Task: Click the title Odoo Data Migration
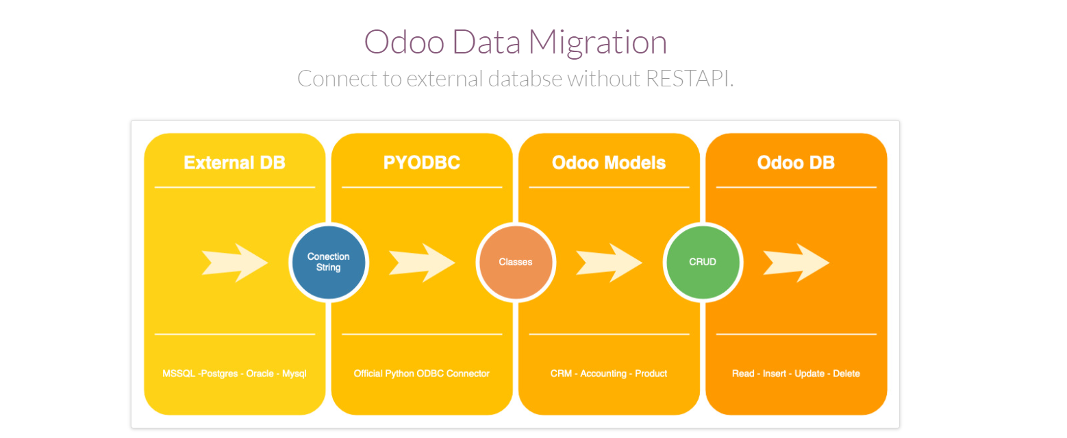point(516,42)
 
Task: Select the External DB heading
point(234,163)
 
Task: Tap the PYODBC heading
point(421,163)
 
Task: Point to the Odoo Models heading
point(609,163)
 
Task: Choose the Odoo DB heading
point(796,163)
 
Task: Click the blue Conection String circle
point(329,262)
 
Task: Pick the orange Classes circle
point(516,262)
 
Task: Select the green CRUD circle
point(703,262)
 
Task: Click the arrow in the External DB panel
point(235,262)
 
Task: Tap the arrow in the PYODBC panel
point(422,262)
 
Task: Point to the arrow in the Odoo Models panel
point(609,262)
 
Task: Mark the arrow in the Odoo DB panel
point(796,262)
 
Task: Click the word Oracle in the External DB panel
point(261,374)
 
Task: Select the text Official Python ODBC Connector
point(421,374)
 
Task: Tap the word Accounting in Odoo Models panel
point(603,374)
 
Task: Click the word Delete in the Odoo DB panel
point(846,374)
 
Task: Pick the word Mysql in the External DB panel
point(295,374)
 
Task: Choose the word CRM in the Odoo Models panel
point(561,374)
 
